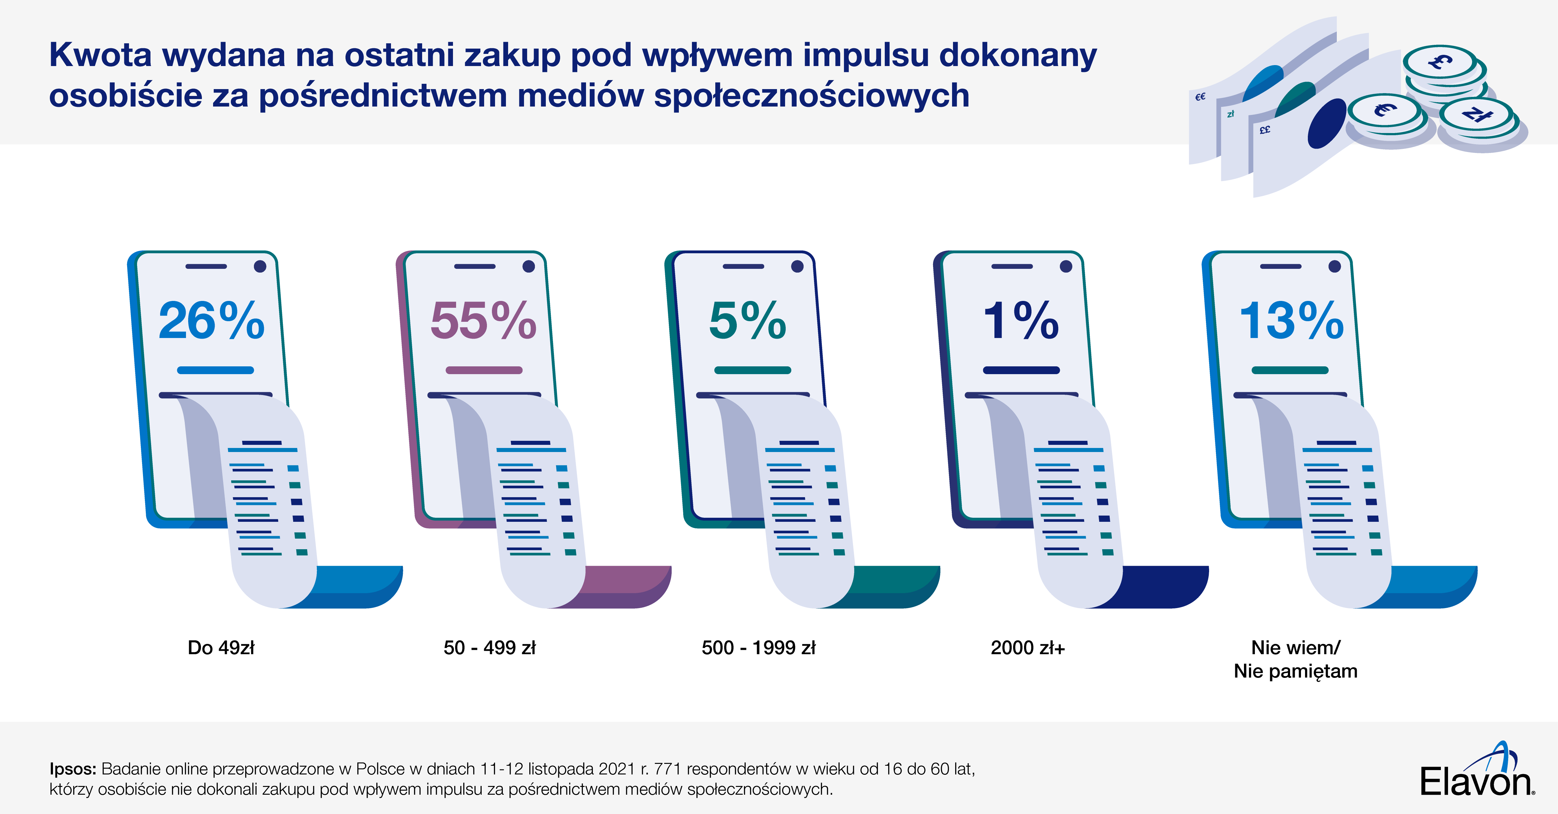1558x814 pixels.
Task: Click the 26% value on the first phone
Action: pyautogui.click(x=211, y=321)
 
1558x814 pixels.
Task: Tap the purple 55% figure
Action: pyautogui.click(x=483, y=321)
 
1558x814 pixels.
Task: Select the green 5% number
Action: pyautogui.click(x=748, y=321)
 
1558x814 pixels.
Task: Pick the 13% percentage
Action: pyautogui.click(x=1291, y=321)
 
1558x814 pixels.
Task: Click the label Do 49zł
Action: pyautogui.click(x=221, y=648)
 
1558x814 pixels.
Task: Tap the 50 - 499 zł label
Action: pyautogui.click(x=489, y=648)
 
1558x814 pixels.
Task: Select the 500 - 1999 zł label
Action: pyautogui.click(x=758, y=648)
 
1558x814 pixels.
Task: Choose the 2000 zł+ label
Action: pyautogui.click(x=1027, y=648)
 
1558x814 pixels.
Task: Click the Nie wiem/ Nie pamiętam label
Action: pyautogui.click(x=1295, y=659)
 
